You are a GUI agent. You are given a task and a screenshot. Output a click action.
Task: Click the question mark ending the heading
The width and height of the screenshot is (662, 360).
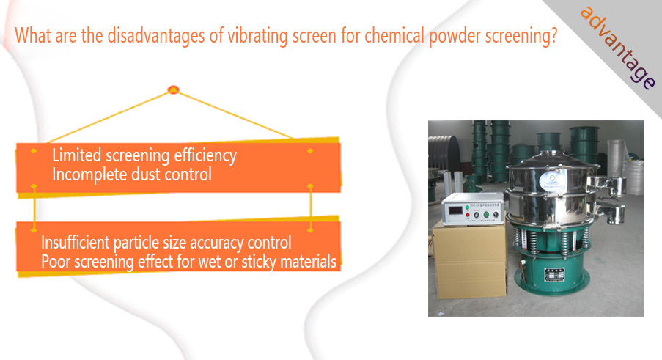click(554, 35)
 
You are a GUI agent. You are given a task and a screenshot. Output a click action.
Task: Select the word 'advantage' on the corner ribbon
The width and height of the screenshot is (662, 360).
click(618, 48)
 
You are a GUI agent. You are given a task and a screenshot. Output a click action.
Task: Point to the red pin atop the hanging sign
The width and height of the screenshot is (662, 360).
click(174, 89)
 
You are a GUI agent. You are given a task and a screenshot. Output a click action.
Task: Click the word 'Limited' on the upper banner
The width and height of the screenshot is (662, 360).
click(77, 155)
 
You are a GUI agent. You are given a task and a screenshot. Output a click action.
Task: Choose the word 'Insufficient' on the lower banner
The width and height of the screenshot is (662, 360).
click(76, 243)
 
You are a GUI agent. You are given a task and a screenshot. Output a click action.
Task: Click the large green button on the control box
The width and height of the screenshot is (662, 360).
click(486, 214)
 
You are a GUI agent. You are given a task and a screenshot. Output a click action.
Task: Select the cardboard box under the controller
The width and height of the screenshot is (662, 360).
click(469, 261)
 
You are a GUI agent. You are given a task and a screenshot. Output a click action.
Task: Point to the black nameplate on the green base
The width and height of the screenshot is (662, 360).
click(554, 274)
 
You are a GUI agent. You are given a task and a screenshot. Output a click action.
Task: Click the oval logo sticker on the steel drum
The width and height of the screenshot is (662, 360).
click(553, 180)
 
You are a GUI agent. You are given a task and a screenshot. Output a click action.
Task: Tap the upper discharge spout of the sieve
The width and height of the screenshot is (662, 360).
click(607, 185)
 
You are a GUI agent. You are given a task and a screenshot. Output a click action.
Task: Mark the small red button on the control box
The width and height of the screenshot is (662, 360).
click(468, 216)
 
